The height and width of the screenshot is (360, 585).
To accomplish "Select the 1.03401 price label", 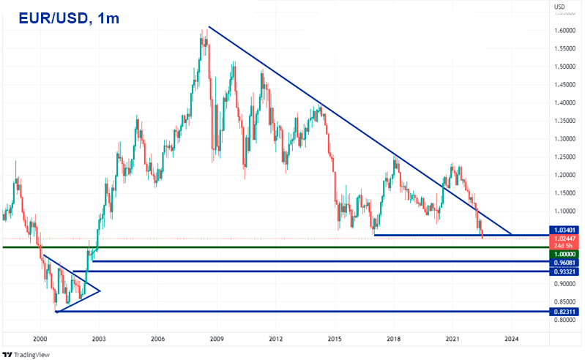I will [x=565, y=230].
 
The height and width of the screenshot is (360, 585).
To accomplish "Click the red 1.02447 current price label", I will [x=565, y=239].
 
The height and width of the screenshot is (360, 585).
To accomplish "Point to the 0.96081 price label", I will [x=565, y=261].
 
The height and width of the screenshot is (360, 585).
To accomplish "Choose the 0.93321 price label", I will [x=565, y=271].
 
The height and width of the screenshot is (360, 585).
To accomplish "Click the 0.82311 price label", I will [x=565, y=312].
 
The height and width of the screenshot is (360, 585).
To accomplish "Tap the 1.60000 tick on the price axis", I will [x=564, y=31].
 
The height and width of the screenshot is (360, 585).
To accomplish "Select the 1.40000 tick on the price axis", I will [x=564, y=102].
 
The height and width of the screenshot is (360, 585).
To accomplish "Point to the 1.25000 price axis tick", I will [x=564, y=157].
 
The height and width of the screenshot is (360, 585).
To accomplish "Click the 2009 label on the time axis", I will [x=217, y=340].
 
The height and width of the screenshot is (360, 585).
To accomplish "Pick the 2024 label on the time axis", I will [x=512, y=340].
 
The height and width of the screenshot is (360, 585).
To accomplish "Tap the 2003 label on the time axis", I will [x=99, y=340].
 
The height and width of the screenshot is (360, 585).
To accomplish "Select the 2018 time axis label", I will [x=394, y=340].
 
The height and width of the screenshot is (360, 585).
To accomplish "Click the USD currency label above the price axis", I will [x=559, y=7].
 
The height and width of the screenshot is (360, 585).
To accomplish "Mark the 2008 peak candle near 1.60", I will [x=202, y=33].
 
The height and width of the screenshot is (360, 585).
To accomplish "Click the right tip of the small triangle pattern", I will [x=100, y=290].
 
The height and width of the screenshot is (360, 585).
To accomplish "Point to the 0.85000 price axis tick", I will [x=564, y=301].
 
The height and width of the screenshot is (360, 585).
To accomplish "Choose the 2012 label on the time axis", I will [x=276, y=340].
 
